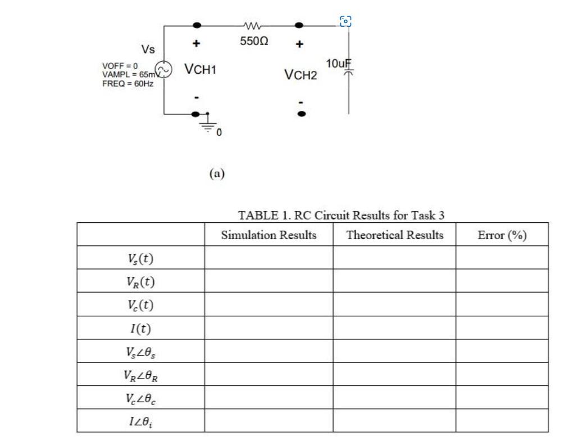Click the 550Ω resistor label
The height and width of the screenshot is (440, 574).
[254, 42]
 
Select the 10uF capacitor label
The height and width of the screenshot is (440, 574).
[338, 63]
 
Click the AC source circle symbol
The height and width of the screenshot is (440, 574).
[163, 69]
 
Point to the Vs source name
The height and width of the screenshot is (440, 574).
[148, 50]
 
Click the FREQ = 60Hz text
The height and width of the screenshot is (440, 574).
[127, 83]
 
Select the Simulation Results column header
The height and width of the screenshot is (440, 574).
[268, 235]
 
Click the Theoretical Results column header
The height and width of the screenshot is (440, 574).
[395, 235]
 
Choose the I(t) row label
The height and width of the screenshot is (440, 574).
[140, 328]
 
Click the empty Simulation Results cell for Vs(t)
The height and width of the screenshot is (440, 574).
[268, 258]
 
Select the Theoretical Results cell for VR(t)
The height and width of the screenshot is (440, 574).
[395, 281]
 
